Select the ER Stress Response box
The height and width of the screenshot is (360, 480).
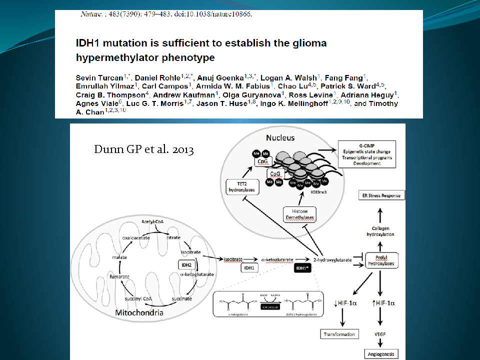click(x=382, y=195)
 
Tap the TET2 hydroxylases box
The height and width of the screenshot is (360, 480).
click(x=238, y=187)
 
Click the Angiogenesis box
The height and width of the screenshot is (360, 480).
click(x=382, y=354)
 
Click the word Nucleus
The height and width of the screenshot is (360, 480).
click(x=280, y=137)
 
